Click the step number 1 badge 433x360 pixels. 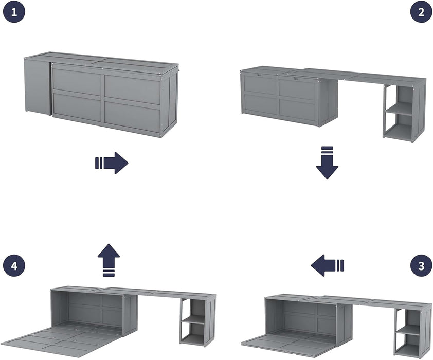pyautogui.click(x=13, y=12)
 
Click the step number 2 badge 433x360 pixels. pyautogui.click(x=421, y=12)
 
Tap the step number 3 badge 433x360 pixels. pyautogui.click(x=421, y=265)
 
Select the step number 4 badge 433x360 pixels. pyautogui.click(x=13, y=265)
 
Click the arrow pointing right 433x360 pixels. pyautogui.click(x=112, y=163)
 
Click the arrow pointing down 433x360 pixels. pyautogui.click(x=327, y=163)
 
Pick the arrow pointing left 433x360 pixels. pyautogui.click(x=327, y=265)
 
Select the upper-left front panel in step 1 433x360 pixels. pyautogui.click(x=77, y=81)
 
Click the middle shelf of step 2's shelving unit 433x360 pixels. pyautogui.click(x=400, y=109)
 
